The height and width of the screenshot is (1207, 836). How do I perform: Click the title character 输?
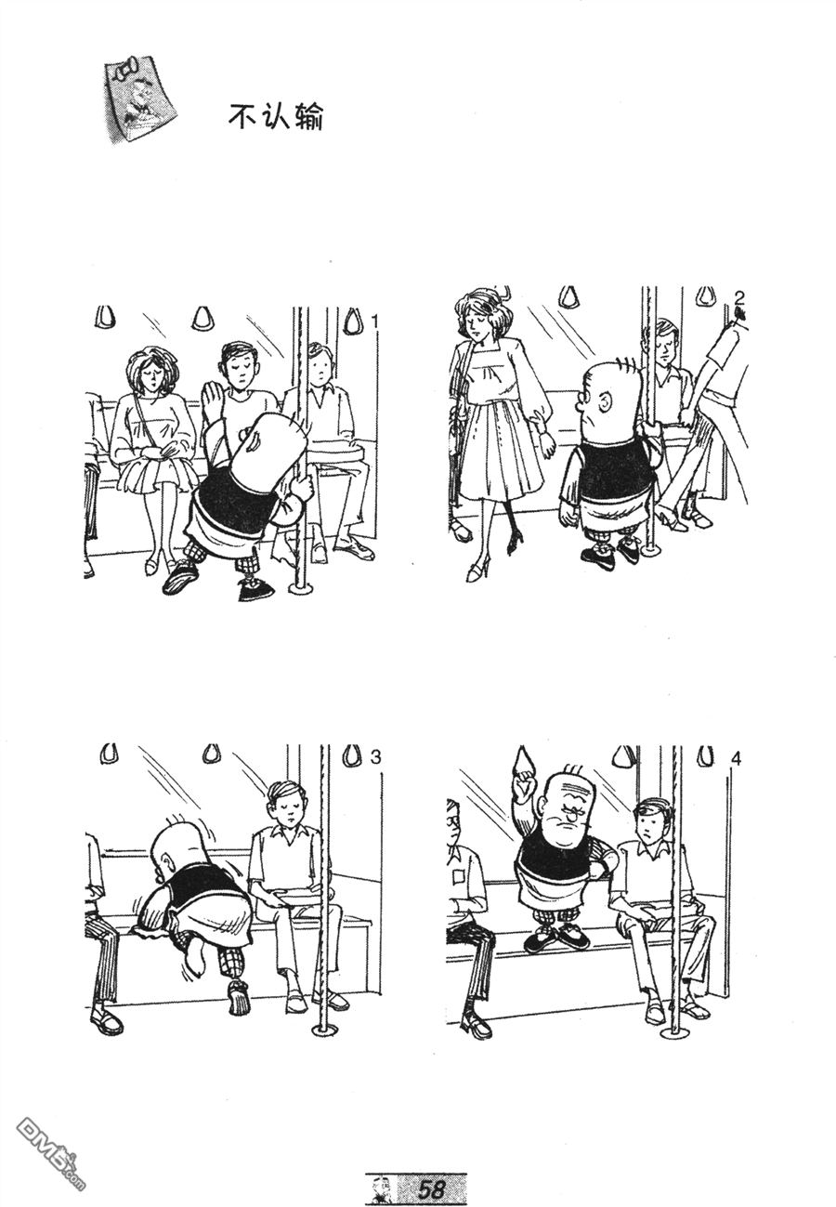pos(308,116)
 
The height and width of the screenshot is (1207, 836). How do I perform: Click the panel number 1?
pos(375,321)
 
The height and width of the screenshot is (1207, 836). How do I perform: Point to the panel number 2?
pos(739,297)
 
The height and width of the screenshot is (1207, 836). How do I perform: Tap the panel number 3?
pos(375,757)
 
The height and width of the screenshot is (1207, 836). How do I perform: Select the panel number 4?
pos(736,759)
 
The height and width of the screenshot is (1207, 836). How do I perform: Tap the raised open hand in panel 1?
pos(211,397)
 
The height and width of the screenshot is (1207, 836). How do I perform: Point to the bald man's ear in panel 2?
pos(605,400)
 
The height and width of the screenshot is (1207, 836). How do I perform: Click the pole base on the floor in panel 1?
pos(302,588)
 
